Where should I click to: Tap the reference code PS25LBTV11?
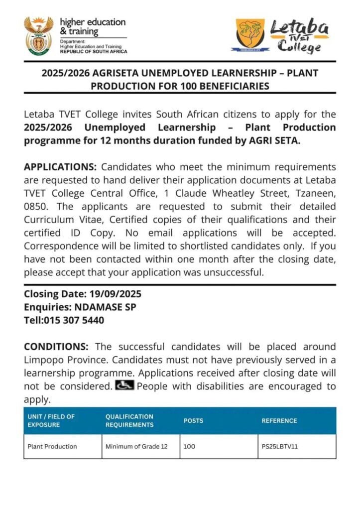click(279, 446)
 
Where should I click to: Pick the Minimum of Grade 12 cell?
click(136, 446)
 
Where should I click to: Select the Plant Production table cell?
click(52, 446)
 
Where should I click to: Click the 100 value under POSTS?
click(189, 446)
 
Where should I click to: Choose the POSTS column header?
click(193, 421)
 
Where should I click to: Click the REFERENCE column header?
click(279, 421)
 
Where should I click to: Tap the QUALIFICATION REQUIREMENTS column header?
click(129, 421)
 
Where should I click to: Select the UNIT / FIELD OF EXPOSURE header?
click(51, 421)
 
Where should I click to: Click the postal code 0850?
click(34, 206)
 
